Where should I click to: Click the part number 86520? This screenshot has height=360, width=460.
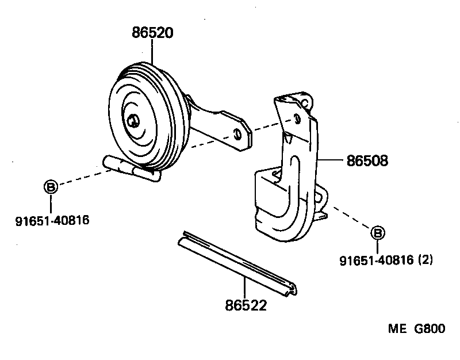coord(152,33)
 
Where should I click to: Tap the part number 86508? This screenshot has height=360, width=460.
coord(367,161)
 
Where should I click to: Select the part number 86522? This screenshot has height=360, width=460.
coord(246,305)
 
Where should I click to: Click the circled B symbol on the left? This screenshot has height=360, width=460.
coord(51,186)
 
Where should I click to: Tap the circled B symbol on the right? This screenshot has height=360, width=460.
coord(377,233)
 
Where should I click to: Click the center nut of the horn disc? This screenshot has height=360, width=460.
coord(133,120)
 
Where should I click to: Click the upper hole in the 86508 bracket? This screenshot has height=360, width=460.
coord(297,118)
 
